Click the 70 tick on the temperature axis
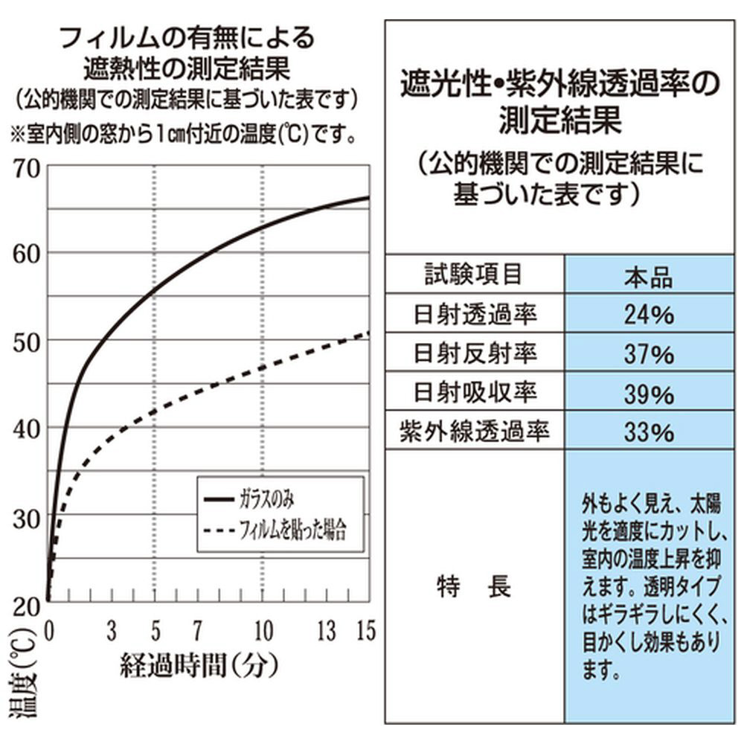pyautogui.click(x=28, y=167)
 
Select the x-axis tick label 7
pyautogui.click(x=198, y=632)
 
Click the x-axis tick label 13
pyautogui.click(x=327, y=632)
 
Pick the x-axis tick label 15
pyautogui.click(x=365, y=632)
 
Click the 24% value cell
pyautogui.click(x=648, y=315)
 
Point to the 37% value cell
pyautogui.click(x=648, y=353)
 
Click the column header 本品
pyautogui.click(x=648, y=276)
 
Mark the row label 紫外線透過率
pyautogui.click(x=474, y=431)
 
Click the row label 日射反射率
pyautogui.click(x=474, y=353)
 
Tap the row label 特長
pyautogui.click(x=474, y=588)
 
